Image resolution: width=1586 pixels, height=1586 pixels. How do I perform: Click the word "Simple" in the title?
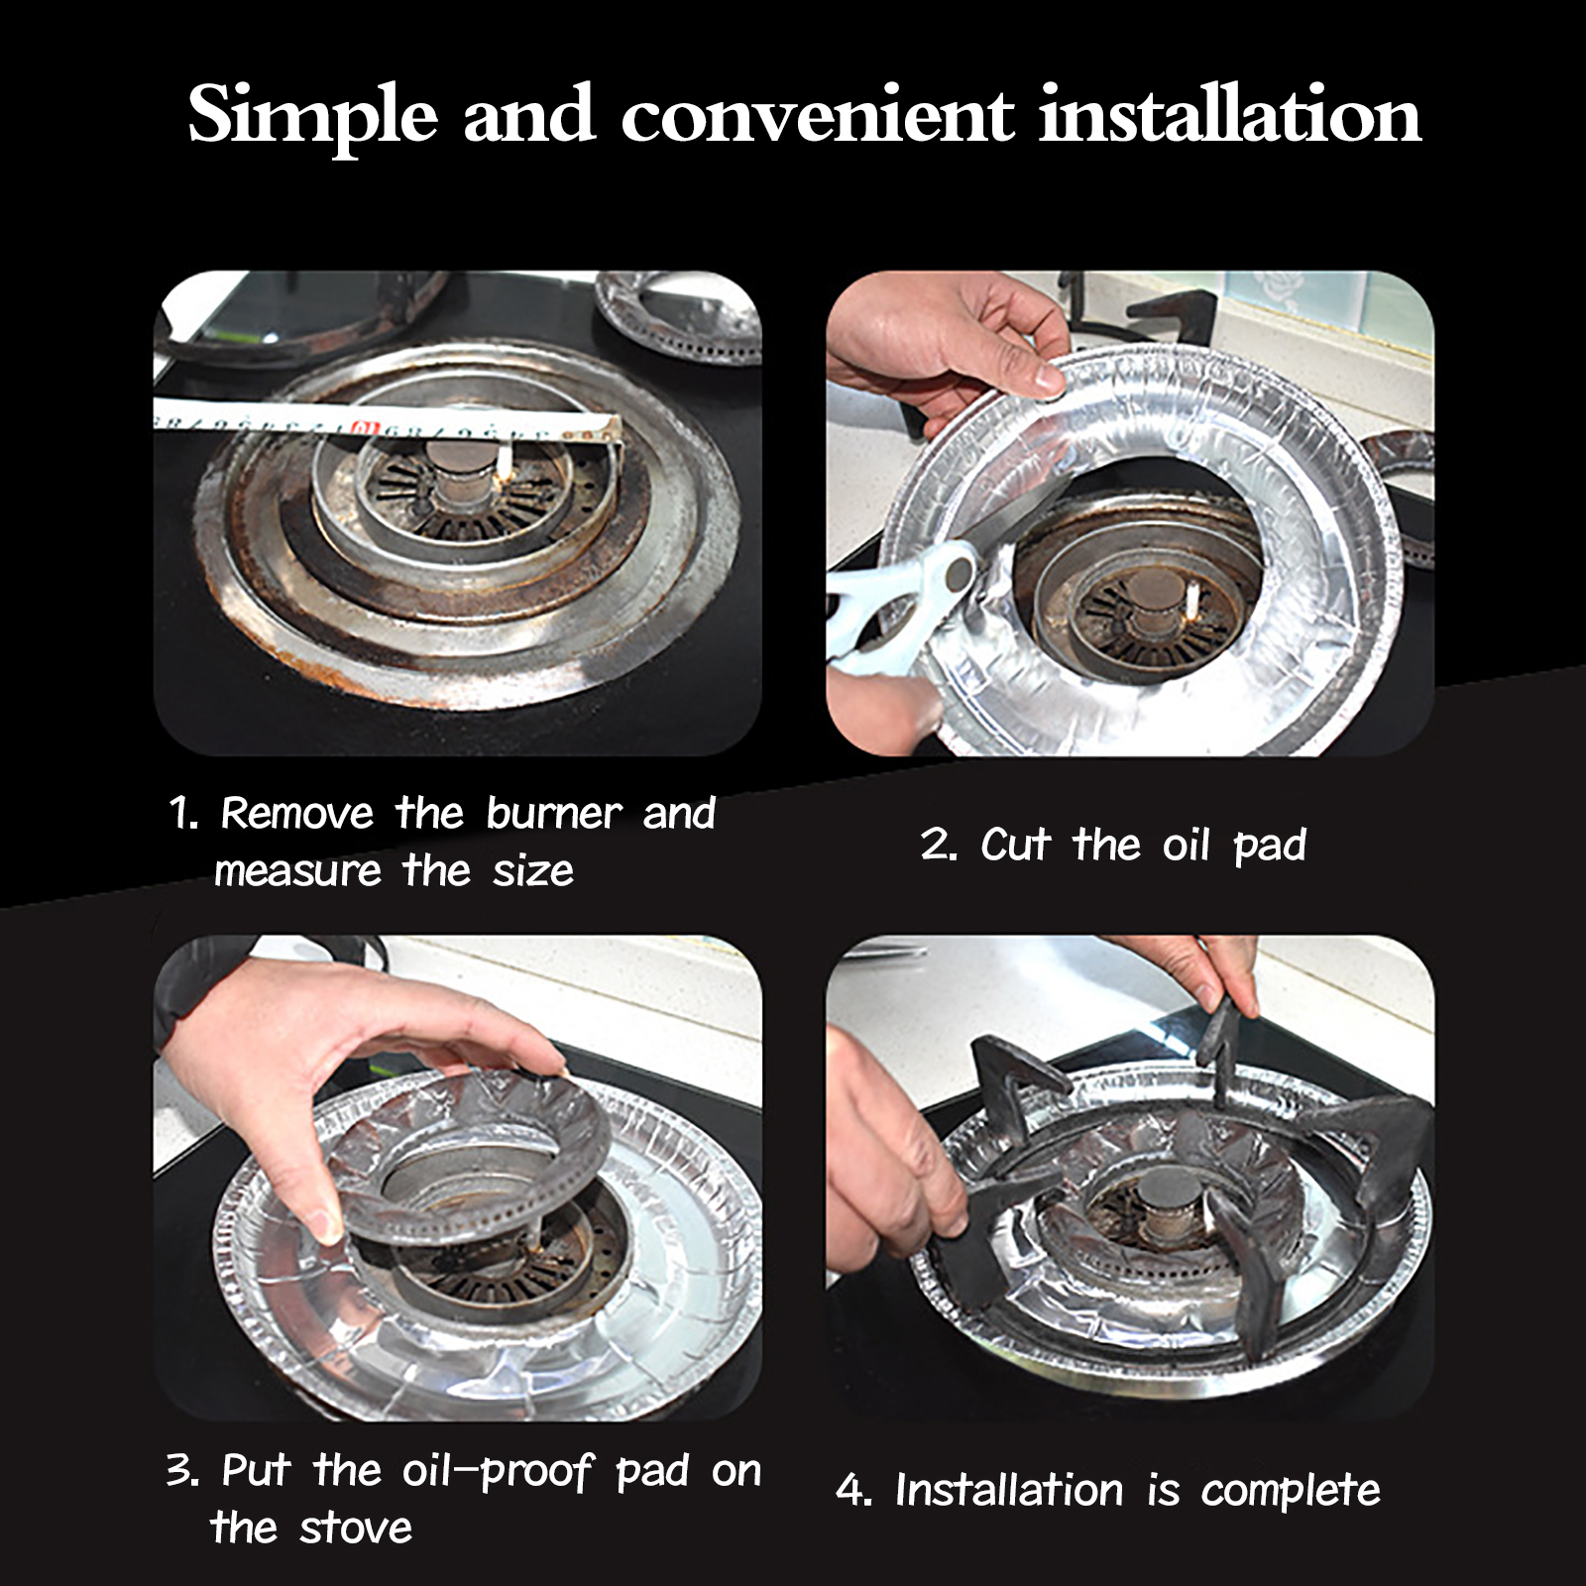click(x=312, y=117)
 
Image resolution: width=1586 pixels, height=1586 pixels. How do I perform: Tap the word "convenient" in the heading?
click(x=818, y=117)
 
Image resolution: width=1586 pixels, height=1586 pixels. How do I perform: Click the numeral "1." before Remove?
click(x=184, y=814)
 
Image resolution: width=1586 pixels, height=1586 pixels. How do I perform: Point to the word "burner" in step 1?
click(x=553, y=813)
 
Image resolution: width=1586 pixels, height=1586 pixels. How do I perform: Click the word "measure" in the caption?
click(x=297, y=872)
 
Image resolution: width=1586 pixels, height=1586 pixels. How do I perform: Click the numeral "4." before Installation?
click(x=853, y=1491)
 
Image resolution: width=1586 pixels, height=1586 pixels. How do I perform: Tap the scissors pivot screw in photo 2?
click(x=959, y=572)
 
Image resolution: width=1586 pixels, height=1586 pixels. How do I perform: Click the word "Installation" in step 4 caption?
click(x=1009, y=1491)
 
